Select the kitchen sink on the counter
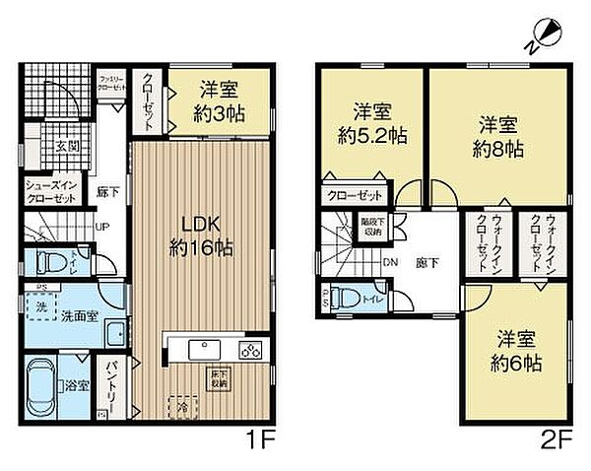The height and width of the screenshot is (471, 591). (205, 348)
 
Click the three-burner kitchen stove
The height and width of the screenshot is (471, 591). (250, 349)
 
